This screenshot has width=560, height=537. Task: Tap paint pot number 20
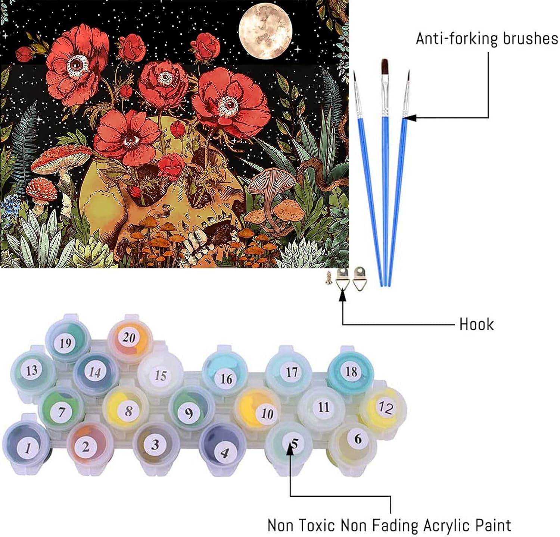pos(128,337)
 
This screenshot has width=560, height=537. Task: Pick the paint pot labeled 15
pos(160,375)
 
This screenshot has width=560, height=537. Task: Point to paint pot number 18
pos(351,371)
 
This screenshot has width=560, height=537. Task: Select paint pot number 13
pos(31,370)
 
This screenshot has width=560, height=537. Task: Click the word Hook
pos(476,324)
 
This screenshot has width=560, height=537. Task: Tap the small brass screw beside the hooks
pos(329,278)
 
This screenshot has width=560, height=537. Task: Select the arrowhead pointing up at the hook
pos(342,297)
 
